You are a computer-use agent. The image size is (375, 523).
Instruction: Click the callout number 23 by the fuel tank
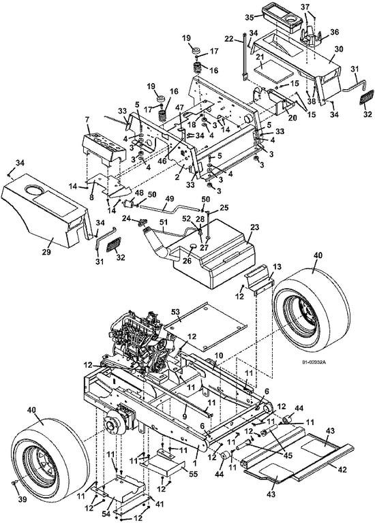pyautogui.click(x=254, y=227)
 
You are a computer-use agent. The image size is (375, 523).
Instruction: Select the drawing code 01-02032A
pyautogui.click(x=314, y=362)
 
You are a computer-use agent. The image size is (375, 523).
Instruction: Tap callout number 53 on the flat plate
pyautogui.click(x=176, y=312)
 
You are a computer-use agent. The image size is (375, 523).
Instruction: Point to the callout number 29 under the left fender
pyautogui.click(x=46, y=252)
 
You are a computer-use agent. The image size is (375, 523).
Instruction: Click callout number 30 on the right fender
pyautogui.click(x=339, y=49)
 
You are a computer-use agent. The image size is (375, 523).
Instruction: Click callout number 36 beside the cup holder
pyautogui.click(x=334, y=32)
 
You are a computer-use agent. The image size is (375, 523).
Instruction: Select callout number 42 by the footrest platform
pyautogui.click(x=342, y=469)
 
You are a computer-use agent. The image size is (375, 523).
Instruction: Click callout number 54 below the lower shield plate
pyautogui.click(x=106, y=514)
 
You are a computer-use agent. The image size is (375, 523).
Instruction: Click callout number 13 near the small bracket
pyautogui.click(x=277, y=266)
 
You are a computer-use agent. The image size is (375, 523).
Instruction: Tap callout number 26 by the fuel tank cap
pyautogui.click(x=187, y=261)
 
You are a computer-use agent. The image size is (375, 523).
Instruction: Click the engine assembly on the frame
pyautogui.click(x=142, y=343)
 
